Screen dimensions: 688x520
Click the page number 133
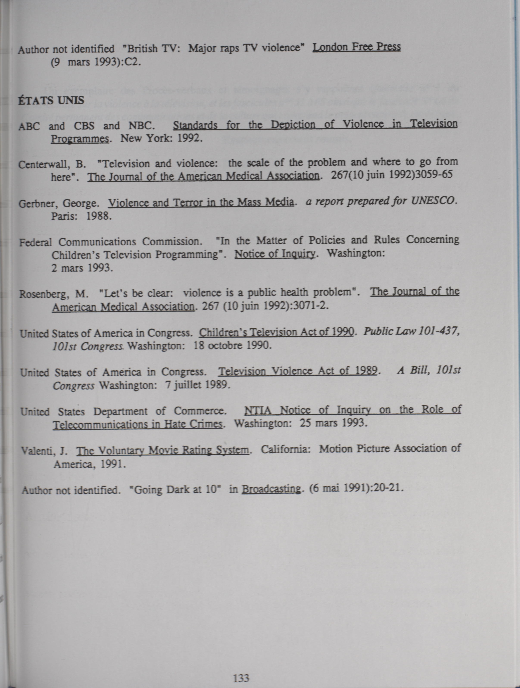(x=241, y=677)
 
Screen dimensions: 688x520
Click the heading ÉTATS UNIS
(x=51, y=100)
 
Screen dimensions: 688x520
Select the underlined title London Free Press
(x=356, y=47)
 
